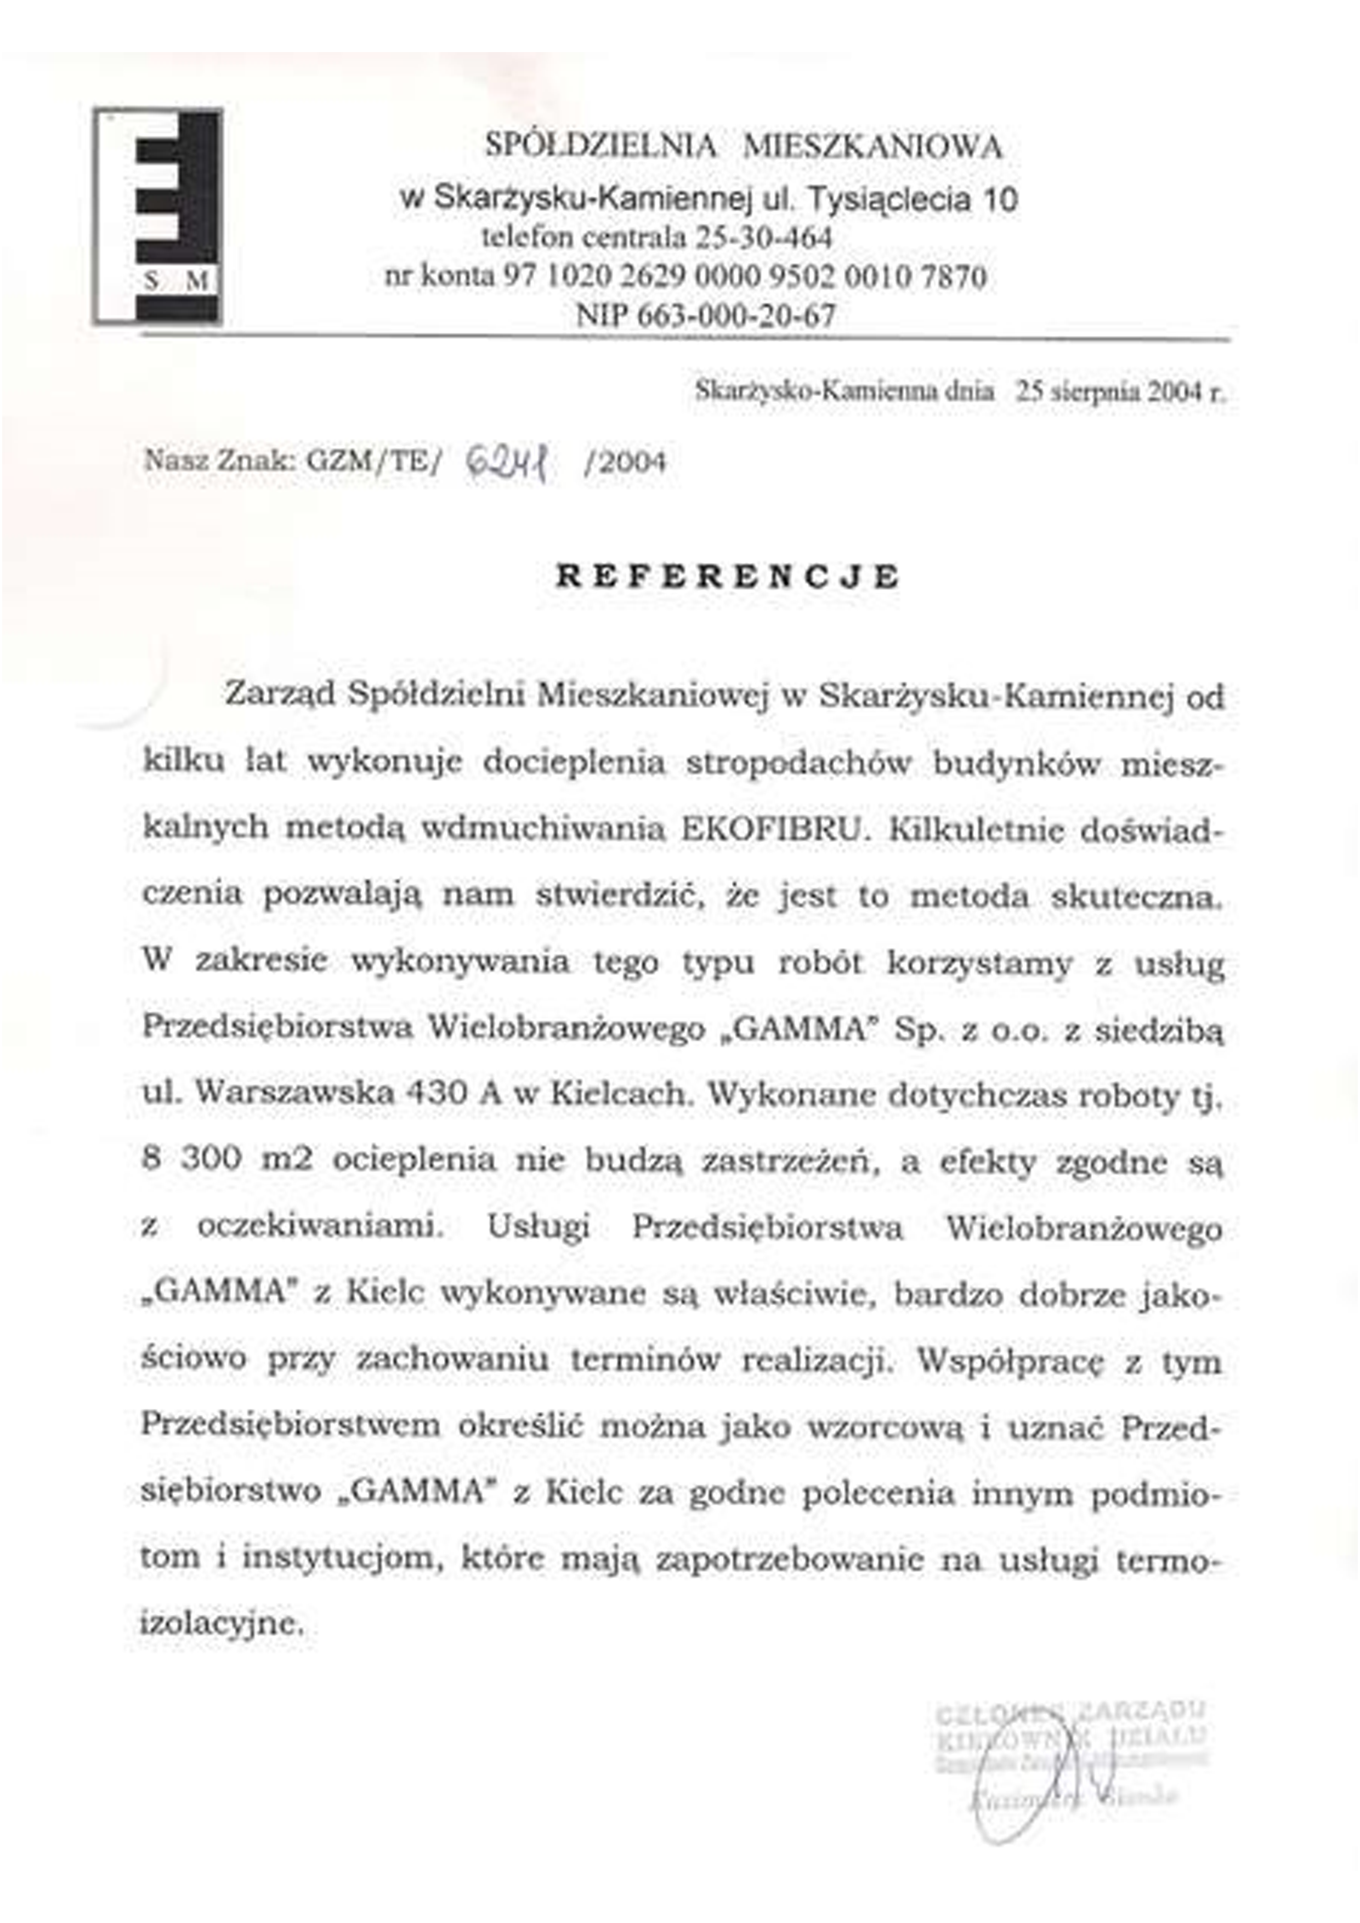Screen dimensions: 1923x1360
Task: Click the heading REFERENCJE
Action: pos(727,577)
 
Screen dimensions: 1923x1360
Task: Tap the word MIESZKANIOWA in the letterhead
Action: pos(872,147)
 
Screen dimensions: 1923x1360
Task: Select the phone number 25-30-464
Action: pos(763,238)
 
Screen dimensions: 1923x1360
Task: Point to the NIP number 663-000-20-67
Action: pos(738,315)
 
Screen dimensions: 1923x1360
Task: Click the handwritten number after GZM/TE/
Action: pos(507,462)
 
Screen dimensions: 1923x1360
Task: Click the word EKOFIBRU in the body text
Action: pos(772,828)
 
